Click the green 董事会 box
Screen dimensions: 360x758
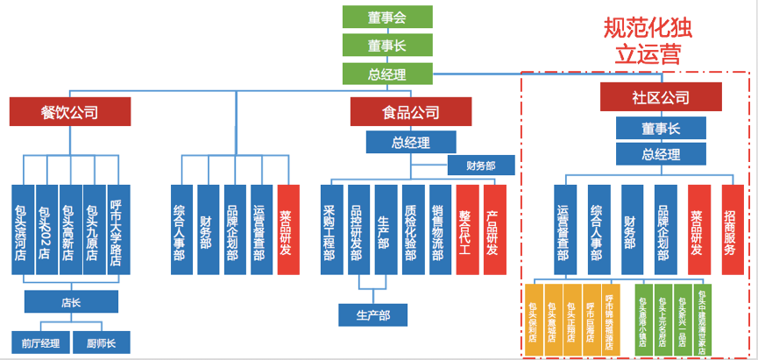point(386,17)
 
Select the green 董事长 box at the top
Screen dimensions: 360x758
point(386,45)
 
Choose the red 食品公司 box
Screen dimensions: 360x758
point(410,111)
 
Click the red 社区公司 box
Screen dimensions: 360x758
point(660,96)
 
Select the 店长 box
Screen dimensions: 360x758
point(71,302)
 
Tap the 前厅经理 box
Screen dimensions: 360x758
point(39,342)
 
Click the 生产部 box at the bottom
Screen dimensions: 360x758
point(373,314)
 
